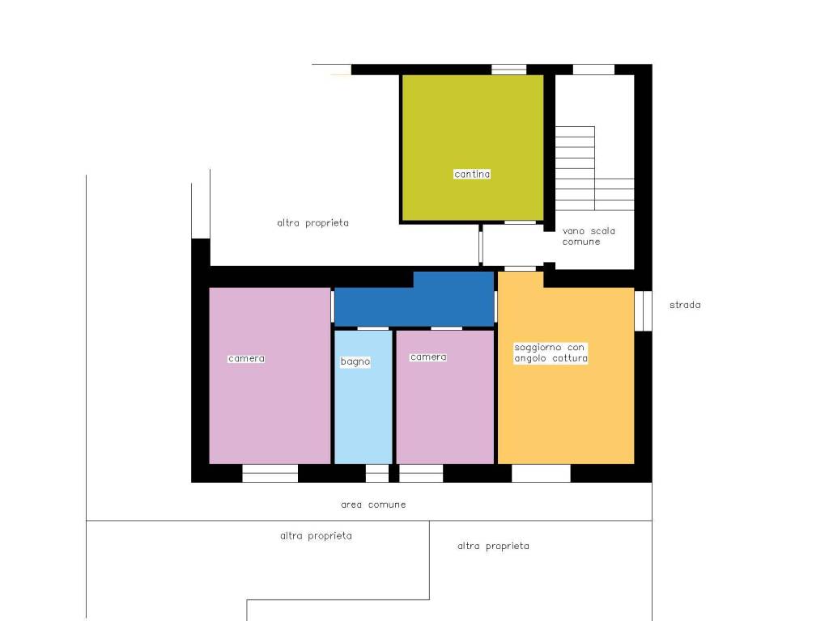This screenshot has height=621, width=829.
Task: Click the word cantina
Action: coord(472,174)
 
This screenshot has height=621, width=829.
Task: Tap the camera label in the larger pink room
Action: coord(246,358)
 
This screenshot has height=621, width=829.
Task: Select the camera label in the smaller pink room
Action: coord(428,357)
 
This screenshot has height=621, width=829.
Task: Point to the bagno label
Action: coord(355,361)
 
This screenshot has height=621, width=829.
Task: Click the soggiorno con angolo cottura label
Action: coord(551,353)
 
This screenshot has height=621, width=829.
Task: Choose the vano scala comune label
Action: coord(589,236)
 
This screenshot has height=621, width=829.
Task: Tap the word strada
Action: coord(685,305)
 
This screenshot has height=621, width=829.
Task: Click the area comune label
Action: coord(373,505)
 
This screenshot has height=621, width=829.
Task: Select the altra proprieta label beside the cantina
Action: coord(312,222)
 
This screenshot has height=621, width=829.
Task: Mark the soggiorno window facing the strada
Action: coord(644,310)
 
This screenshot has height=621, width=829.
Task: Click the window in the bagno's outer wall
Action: coord(377,473)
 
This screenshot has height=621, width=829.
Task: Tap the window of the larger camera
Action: coord(270,473)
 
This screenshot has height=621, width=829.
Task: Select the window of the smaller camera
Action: coord(421,473)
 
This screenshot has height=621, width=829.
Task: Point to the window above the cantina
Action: coord(509,70)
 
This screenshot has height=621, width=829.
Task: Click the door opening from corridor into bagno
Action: coord(373,328)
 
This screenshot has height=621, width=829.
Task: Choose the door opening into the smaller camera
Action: coord(446,328)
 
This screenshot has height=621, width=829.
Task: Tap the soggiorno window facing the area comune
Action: coord(542,473)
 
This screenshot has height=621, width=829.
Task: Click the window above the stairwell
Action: coord(593,70)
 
